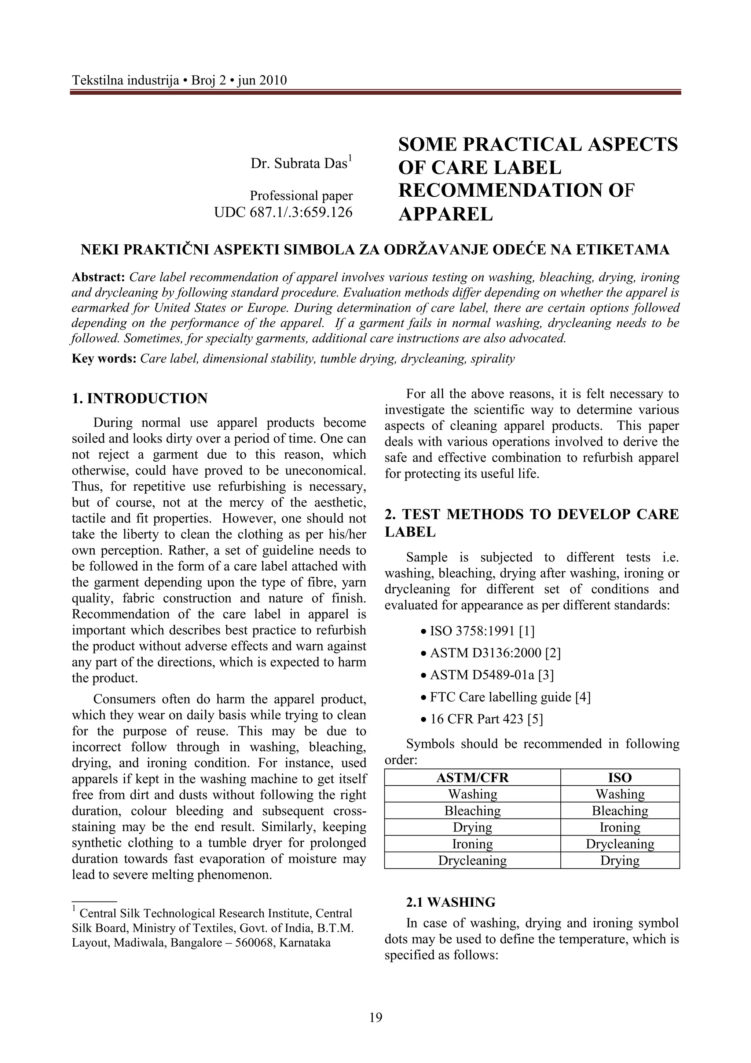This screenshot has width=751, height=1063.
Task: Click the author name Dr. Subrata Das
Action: click(301, 163)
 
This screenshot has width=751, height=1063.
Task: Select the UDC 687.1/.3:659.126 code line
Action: click(283, 212)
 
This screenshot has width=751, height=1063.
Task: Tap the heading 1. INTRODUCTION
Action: click(140, 398)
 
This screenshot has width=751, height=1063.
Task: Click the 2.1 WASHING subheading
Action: click(450, 902)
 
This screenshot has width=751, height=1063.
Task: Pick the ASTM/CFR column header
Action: click(472, 778)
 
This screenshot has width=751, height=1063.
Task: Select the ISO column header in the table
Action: click(620, 778)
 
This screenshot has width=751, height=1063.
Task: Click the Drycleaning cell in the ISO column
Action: click(620, 844)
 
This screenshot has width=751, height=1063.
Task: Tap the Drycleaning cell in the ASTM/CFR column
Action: click(472, 861)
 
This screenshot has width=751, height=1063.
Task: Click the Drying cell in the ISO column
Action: click(620, 861)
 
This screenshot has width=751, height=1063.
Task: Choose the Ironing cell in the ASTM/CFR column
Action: click(472, 844)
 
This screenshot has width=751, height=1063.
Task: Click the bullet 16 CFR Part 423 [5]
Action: click(486, 719)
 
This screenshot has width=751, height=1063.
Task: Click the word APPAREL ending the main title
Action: click(445, 214)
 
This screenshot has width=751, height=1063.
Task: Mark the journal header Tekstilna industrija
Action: click(125, 81)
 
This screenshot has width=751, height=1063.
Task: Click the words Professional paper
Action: click(301, 196)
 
